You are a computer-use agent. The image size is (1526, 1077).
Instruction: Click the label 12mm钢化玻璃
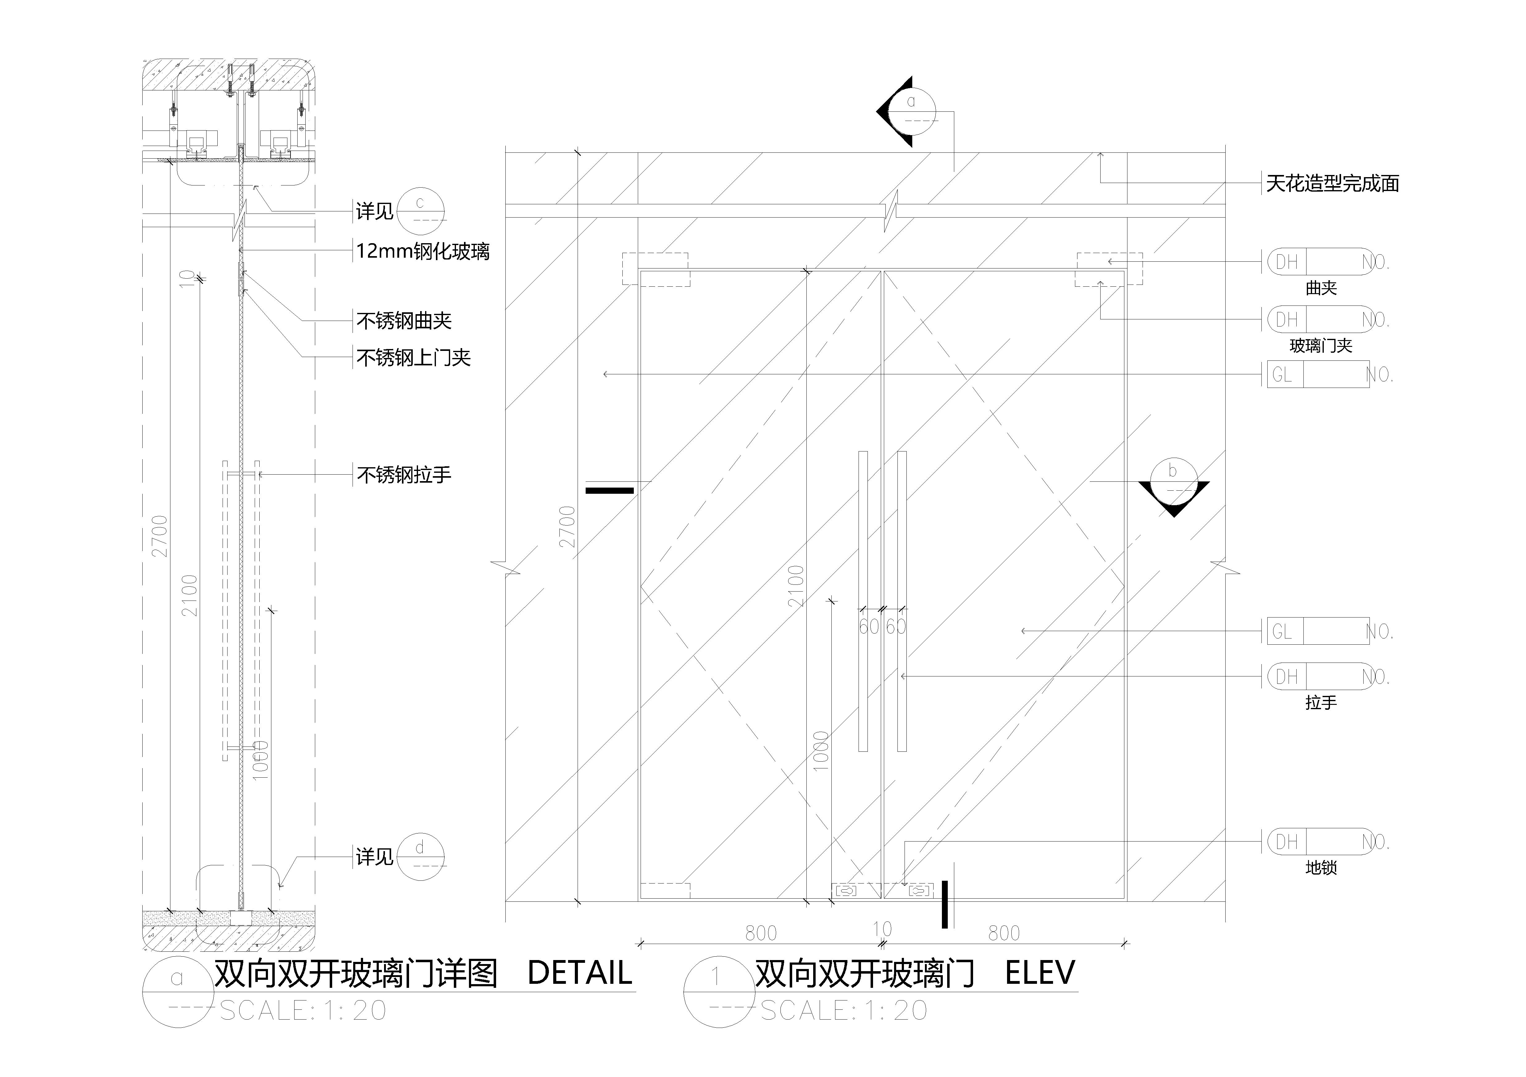point(423,251)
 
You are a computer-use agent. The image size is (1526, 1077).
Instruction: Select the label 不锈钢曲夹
point(404,321)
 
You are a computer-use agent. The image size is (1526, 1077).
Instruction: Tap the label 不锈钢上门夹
point(413,358)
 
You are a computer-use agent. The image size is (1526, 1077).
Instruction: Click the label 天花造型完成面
point(1333,183)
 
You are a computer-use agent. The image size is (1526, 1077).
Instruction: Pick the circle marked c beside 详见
point(420,212)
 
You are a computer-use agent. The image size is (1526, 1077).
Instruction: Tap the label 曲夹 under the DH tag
point(1321,288)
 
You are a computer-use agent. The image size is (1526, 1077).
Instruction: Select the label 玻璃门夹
point(1321,346)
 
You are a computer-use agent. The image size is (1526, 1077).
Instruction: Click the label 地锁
point(1321,868)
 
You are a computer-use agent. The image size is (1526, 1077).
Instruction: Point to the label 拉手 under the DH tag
point(1321,702)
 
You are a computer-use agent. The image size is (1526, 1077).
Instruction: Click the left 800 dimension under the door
point(761,933)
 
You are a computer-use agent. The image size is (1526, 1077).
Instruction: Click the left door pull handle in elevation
point(863,601)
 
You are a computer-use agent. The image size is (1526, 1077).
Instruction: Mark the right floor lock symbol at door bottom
point(920,890)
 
